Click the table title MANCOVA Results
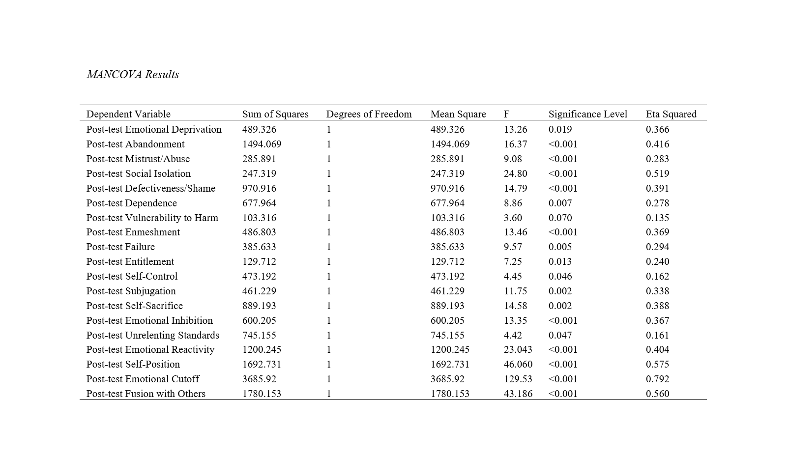(x=133, y=75)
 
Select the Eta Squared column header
(x=671, y=114)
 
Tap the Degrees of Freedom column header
(x=369, y=114)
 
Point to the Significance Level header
(x=587, y=114)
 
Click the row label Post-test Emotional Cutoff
(x=143, y=379)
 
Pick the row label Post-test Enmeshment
(x=133, y=232)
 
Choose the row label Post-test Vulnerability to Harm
(x=152, y=218)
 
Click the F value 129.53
(x=515, y=379)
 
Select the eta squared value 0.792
(x=657, y=379)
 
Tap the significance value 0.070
(x=560, y=218)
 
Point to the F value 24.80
(x=515, y=173)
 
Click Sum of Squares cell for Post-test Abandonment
(x=262, y=144)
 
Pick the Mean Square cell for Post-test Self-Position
(x=450, y=364)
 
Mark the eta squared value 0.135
(x=657, y=218)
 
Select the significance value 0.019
(x=560, y=129)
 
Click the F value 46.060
(x=518, y=364)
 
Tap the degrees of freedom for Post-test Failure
(x=329, y=247)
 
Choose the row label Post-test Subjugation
(x=131, y=291)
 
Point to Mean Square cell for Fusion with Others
(x=450, y=394)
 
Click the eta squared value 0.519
(x=657, y=173)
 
